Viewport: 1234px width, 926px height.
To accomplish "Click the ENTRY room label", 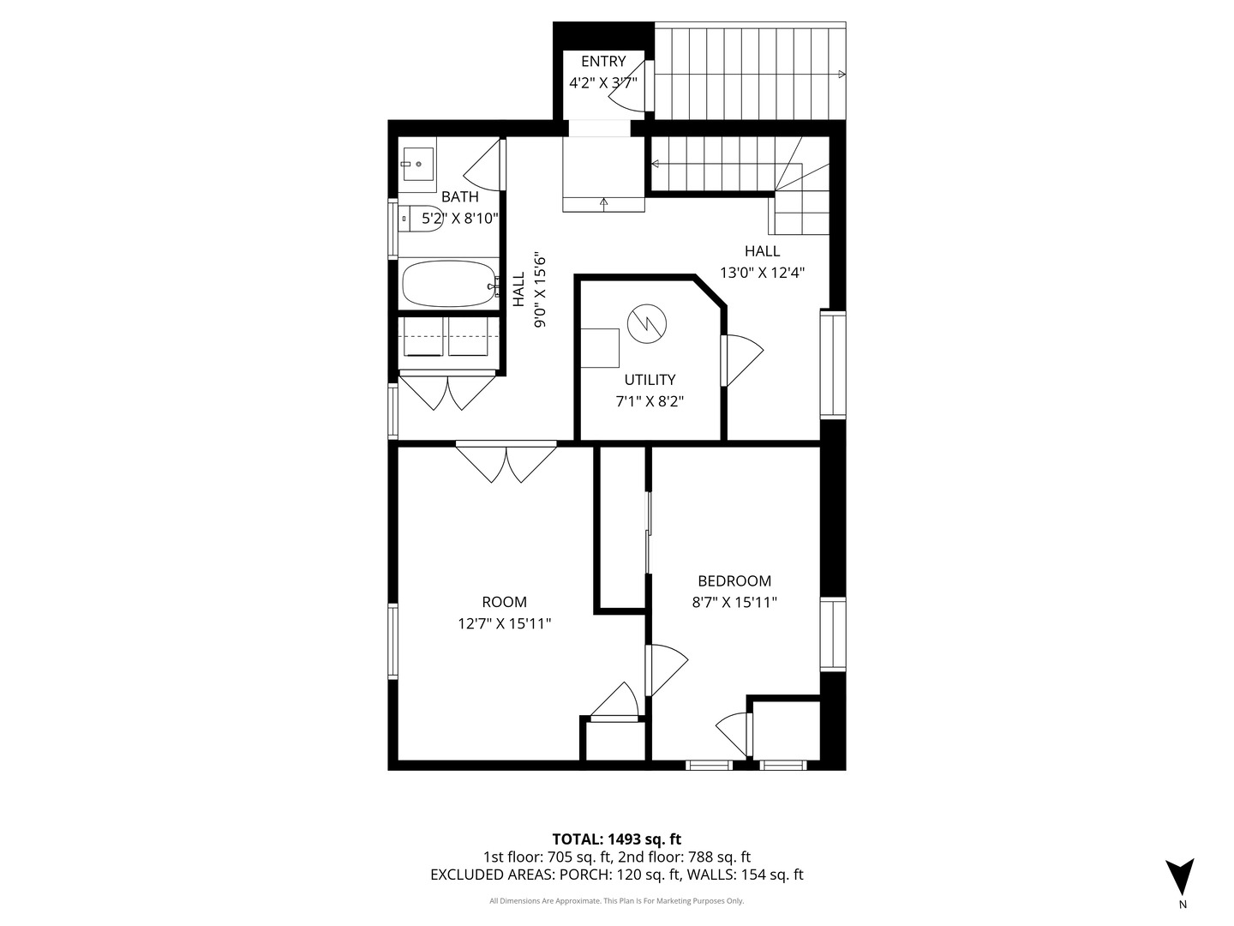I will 603,62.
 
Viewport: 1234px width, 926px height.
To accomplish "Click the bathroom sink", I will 417,163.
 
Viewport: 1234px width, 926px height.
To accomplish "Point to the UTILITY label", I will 650,380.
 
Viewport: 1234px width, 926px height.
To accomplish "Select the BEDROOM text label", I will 734,581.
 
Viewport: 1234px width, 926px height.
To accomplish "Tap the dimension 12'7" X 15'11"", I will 504,624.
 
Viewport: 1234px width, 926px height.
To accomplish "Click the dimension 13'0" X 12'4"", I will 762,273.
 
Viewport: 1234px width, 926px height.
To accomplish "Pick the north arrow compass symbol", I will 1180,877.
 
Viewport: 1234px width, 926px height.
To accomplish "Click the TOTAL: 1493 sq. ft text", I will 617,839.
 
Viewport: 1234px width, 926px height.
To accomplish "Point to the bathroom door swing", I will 483,167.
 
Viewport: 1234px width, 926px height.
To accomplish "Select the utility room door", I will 741,360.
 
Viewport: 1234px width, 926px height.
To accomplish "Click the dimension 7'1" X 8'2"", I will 650,401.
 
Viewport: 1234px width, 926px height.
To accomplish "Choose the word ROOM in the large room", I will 504,603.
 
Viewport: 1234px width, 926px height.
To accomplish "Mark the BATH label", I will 460,197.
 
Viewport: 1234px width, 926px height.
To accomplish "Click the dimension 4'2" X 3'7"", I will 603,83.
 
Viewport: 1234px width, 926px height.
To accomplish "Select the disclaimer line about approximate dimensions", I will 617,901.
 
